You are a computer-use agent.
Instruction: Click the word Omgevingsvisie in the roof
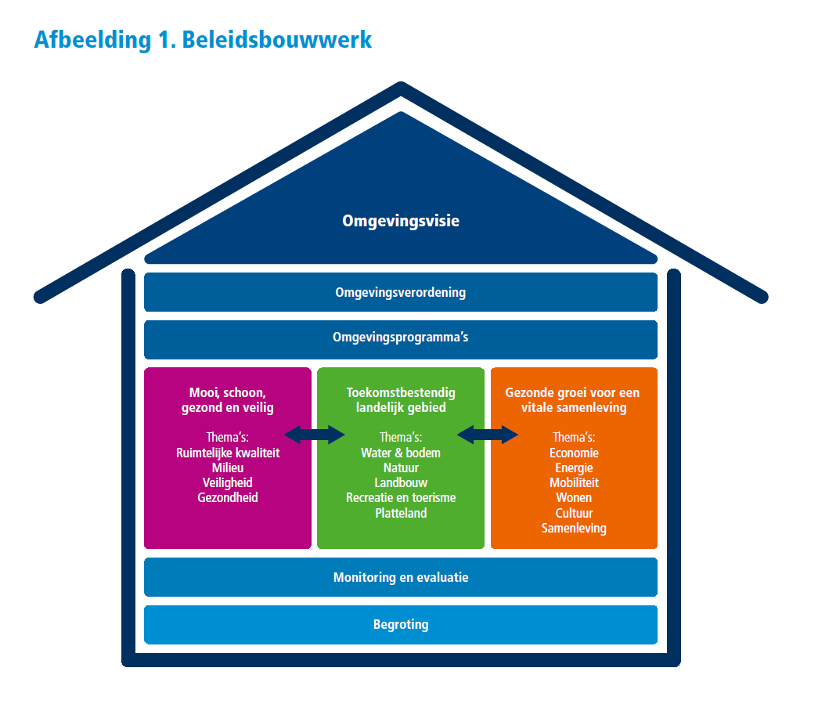pyautogui.click(x=401, y=221)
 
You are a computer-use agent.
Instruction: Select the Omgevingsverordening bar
pyautogui.click(x=401, y=292)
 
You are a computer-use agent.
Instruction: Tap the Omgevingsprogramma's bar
pyautogui.click(x=401, y=338)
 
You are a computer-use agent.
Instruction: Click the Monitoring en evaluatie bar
pyautogui.click(x=401, y=577)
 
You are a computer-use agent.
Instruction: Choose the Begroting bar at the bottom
pyautogui.click(x=401, y=624)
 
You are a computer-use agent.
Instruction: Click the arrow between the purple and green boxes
pyautogui.click(x=315, y=434)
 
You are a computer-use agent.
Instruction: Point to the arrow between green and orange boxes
pyautogui.click(x=488, y=434)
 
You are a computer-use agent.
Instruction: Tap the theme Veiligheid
pyautogui.click(x=228, y=482)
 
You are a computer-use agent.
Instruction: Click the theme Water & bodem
pyautogui.click(x=401, y=453)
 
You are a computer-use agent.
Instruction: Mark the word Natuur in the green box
pyautogui.click(x=401, y=468)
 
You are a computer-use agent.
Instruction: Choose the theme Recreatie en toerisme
pyautogui.click(x=401, y=497)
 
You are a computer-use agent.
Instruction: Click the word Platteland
pyautogui.click(x=401, y=513)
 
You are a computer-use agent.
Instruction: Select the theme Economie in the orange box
pyautogui.click(x=574, y=453)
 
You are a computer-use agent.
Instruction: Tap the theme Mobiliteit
pyautogui.click(x=574, y=482)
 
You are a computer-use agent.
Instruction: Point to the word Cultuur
pyautogui.click(x=574, y=513)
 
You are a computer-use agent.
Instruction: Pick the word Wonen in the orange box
pyautogui.click(x=574, y=497)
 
